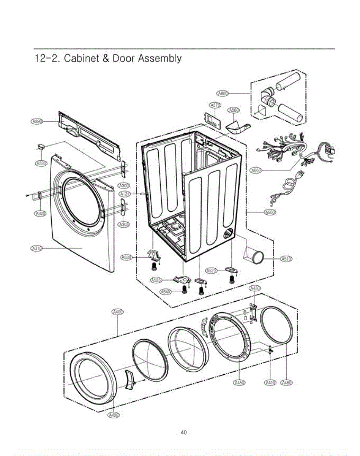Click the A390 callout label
click(x=36, y=121)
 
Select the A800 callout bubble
click(x=223, y=93)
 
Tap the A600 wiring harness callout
click(x=257, y=171)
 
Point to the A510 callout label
click(x=286, y=259)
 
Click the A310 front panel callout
click(x=36, y=249)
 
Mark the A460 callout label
click(x=286, y=382)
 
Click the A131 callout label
click(x=125, y=194)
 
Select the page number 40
click(x=183, y=432)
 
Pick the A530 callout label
click(x=126, y=258)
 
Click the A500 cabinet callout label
click(x=270, y=212)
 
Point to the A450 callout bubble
click(x=239, y=382)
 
